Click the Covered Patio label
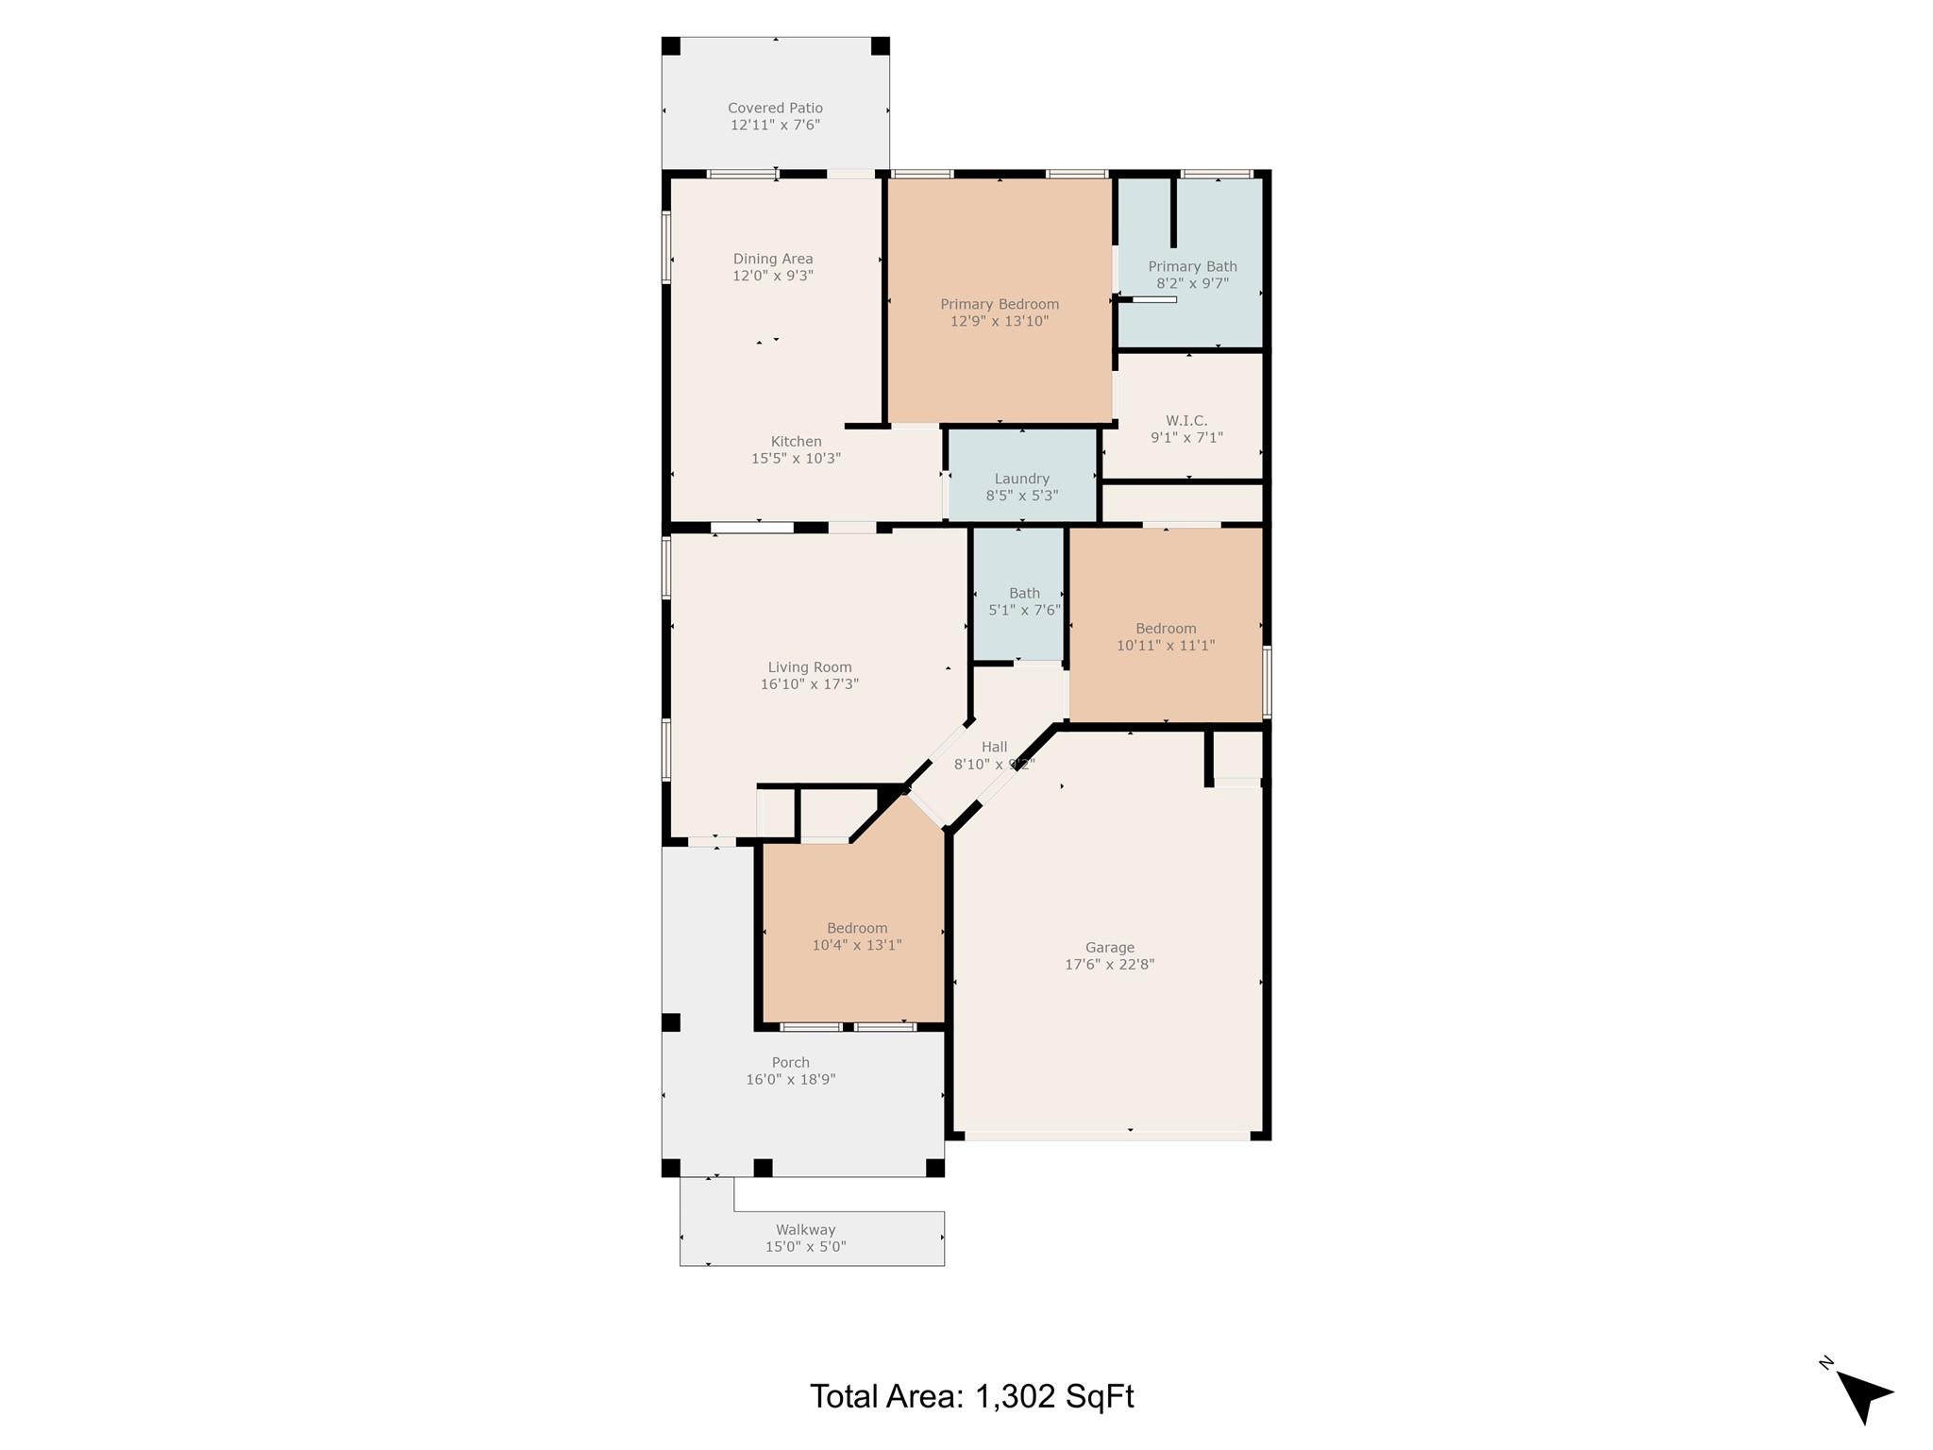pos(775,109)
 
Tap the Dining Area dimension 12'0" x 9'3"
pos(773,277)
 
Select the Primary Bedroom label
pos(1000,304)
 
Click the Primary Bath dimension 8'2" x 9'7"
pos(1192,283)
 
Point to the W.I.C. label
pos(1186,421)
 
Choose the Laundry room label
pos(1021,479)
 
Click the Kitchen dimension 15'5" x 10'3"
pos(796,459)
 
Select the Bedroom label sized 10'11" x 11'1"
pos(1166,629)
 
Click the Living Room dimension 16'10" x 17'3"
pos(810,684)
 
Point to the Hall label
pos(994,748)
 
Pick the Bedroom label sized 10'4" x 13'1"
pos(857,928)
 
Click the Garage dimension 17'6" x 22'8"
pos(1109,965)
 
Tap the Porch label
pos(790,1063)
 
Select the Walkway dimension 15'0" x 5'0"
pos(805,1247)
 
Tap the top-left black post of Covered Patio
pos(671,46)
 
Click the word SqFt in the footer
pos(1100,1396)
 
